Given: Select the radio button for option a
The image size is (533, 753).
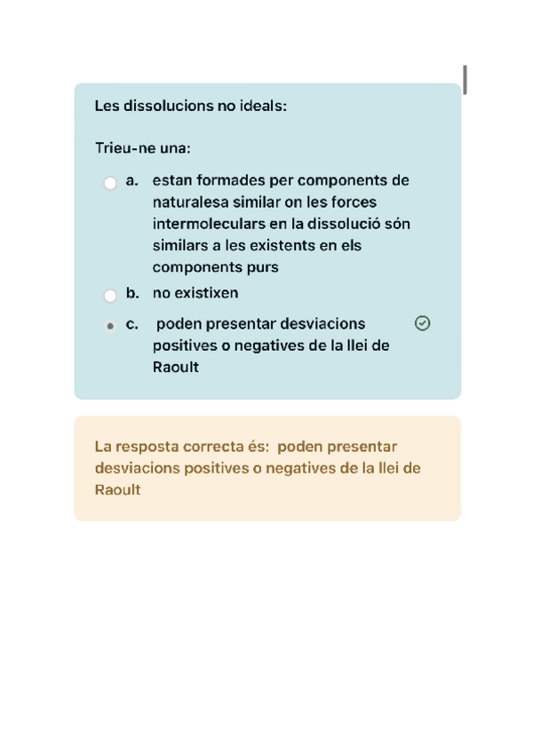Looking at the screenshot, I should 110,184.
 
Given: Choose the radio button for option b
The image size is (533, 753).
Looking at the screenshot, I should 110,296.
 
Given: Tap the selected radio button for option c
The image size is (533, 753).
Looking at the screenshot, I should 110,326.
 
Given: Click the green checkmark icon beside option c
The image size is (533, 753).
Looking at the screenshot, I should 423,323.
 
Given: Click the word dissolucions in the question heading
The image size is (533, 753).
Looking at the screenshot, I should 168,107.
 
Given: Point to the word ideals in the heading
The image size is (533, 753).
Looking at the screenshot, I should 262,107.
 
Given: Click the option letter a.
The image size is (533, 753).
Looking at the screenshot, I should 131,181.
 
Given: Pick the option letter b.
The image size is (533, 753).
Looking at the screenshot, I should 132,293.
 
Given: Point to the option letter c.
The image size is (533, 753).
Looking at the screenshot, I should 131,324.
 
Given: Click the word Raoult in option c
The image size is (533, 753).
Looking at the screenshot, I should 176,367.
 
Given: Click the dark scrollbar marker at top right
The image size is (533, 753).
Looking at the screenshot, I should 465,80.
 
